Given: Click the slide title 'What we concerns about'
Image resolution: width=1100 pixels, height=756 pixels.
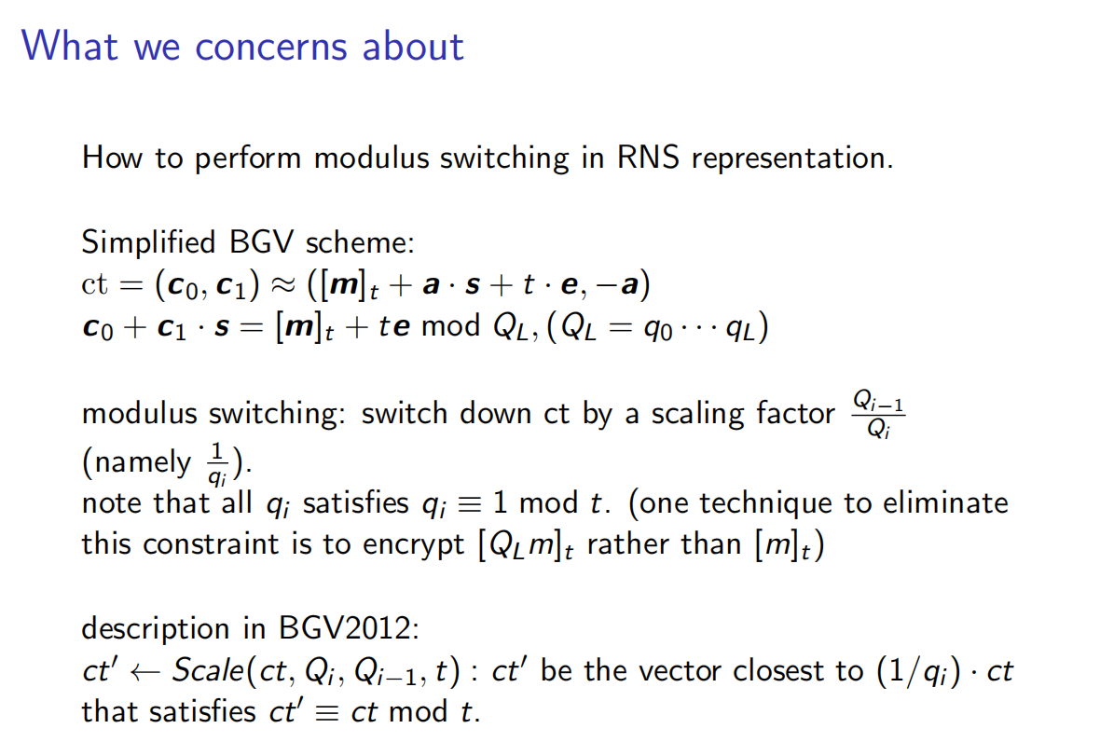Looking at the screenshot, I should [x=242, y=46].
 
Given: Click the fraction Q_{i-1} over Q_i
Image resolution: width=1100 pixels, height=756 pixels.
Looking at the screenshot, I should [x=878, y=412].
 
